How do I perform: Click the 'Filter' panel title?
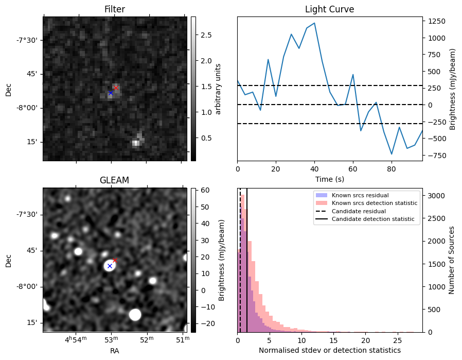114,9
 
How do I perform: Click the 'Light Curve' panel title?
329,9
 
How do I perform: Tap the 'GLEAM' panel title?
114,180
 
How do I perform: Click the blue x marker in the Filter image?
111,93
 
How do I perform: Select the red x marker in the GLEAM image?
115,260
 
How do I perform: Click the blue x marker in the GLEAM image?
110,266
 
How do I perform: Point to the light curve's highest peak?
314,23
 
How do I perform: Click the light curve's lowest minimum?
392,154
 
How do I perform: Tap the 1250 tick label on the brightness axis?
435,22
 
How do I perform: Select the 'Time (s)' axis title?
329,179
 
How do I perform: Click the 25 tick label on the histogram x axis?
397,340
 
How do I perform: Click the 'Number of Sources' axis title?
452,260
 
